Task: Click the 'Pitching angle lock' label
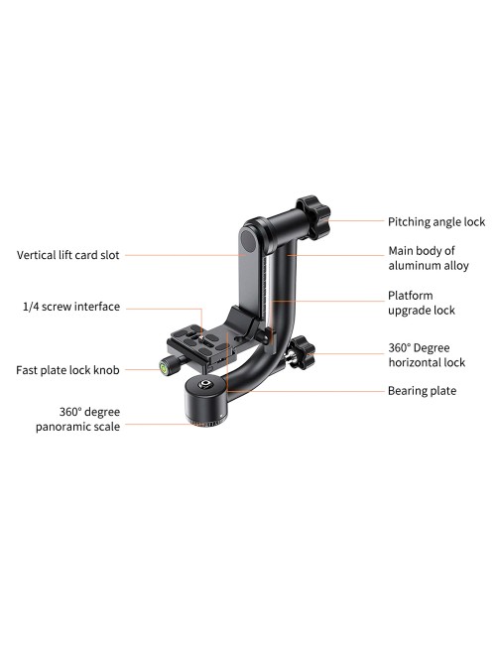pyautogui.click(x=436, y=222)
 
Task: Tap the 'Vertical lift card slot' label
pyautogui.click(x=67, y=255)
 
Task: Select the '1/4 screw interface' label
pyautogui.click(x=71, y=307)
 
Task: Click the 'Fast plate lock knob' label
pyautogui.click(x=67, y=370)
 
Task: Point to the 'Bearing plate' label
pyautogui.click(x=422, y=391)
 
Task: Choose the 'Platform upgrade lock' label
pyautogui.click(x=422, y=303)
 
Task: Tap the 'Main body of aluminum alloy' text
pyautogui.click(x=429, y=258)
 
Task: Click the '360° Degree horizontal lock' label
pyautogui.click(x=427, y=355)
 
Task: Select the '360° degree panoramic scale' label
pyautogui.click(x=77, y=419)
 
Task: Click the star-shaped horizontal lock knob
pyautogui.click(x=303, y=352)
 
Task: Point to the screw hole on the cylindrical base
pyautogui.click(x=204, y=385)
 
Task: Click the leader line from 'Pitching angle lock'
pyautogui.click(x=355, y=220)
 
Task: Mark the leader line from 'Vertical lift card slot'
pyautogui.click(x=186, y=255)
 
